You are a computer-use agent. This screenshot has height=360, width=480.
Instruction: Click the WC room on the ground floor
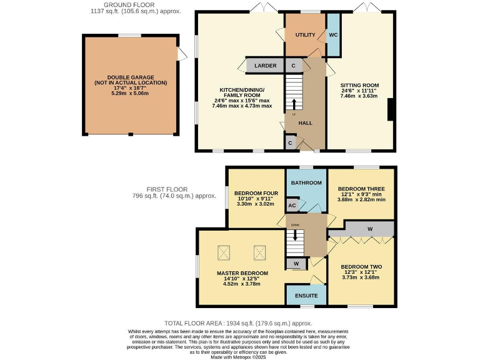coord(333,35)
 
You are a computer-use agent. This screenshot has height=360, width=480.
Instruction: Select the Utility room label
coord(305,36)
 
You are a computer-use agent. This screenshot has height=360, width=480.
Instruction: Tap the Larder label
coord(265,65)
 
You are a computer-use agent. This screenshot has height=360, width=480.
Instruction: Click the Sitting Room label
coord(359,85)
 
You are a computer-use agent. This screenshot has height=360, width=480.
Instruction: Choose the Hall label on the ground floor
coord(305,123)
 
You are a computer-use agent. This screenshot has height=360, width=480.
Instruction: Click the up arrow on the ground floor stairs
coord(294,102)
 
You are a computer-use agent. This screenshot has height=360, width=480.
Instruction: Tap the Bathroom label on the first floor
coord(306,182)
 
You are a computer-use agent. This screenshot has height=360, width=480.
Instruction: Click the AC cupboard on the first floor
coord(292,205)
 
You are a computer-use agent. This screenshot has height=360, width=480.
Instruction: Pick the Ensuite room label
coord(306,295)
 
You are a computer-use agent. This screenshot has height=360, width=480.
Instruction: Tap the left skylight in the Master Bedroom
coord(224,252)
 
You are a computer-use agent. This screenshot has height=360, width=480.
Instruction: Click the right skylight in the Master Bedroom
coord(259,252)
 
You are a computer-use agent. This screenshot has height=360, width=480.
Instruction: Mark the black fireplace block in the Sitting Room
coord(391,111)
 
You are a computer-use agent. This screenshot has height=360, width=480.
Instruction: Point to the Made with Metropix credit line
coord(240,356)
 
